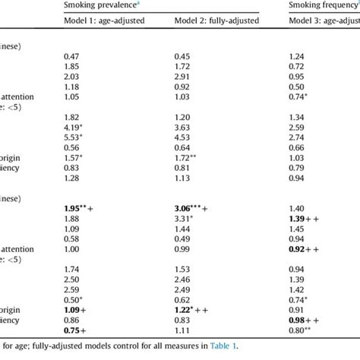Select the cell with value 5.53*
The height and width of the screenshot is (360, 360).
pos(74,136)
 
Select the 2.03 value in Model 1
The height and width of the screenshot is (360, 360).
pos(71,76)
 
